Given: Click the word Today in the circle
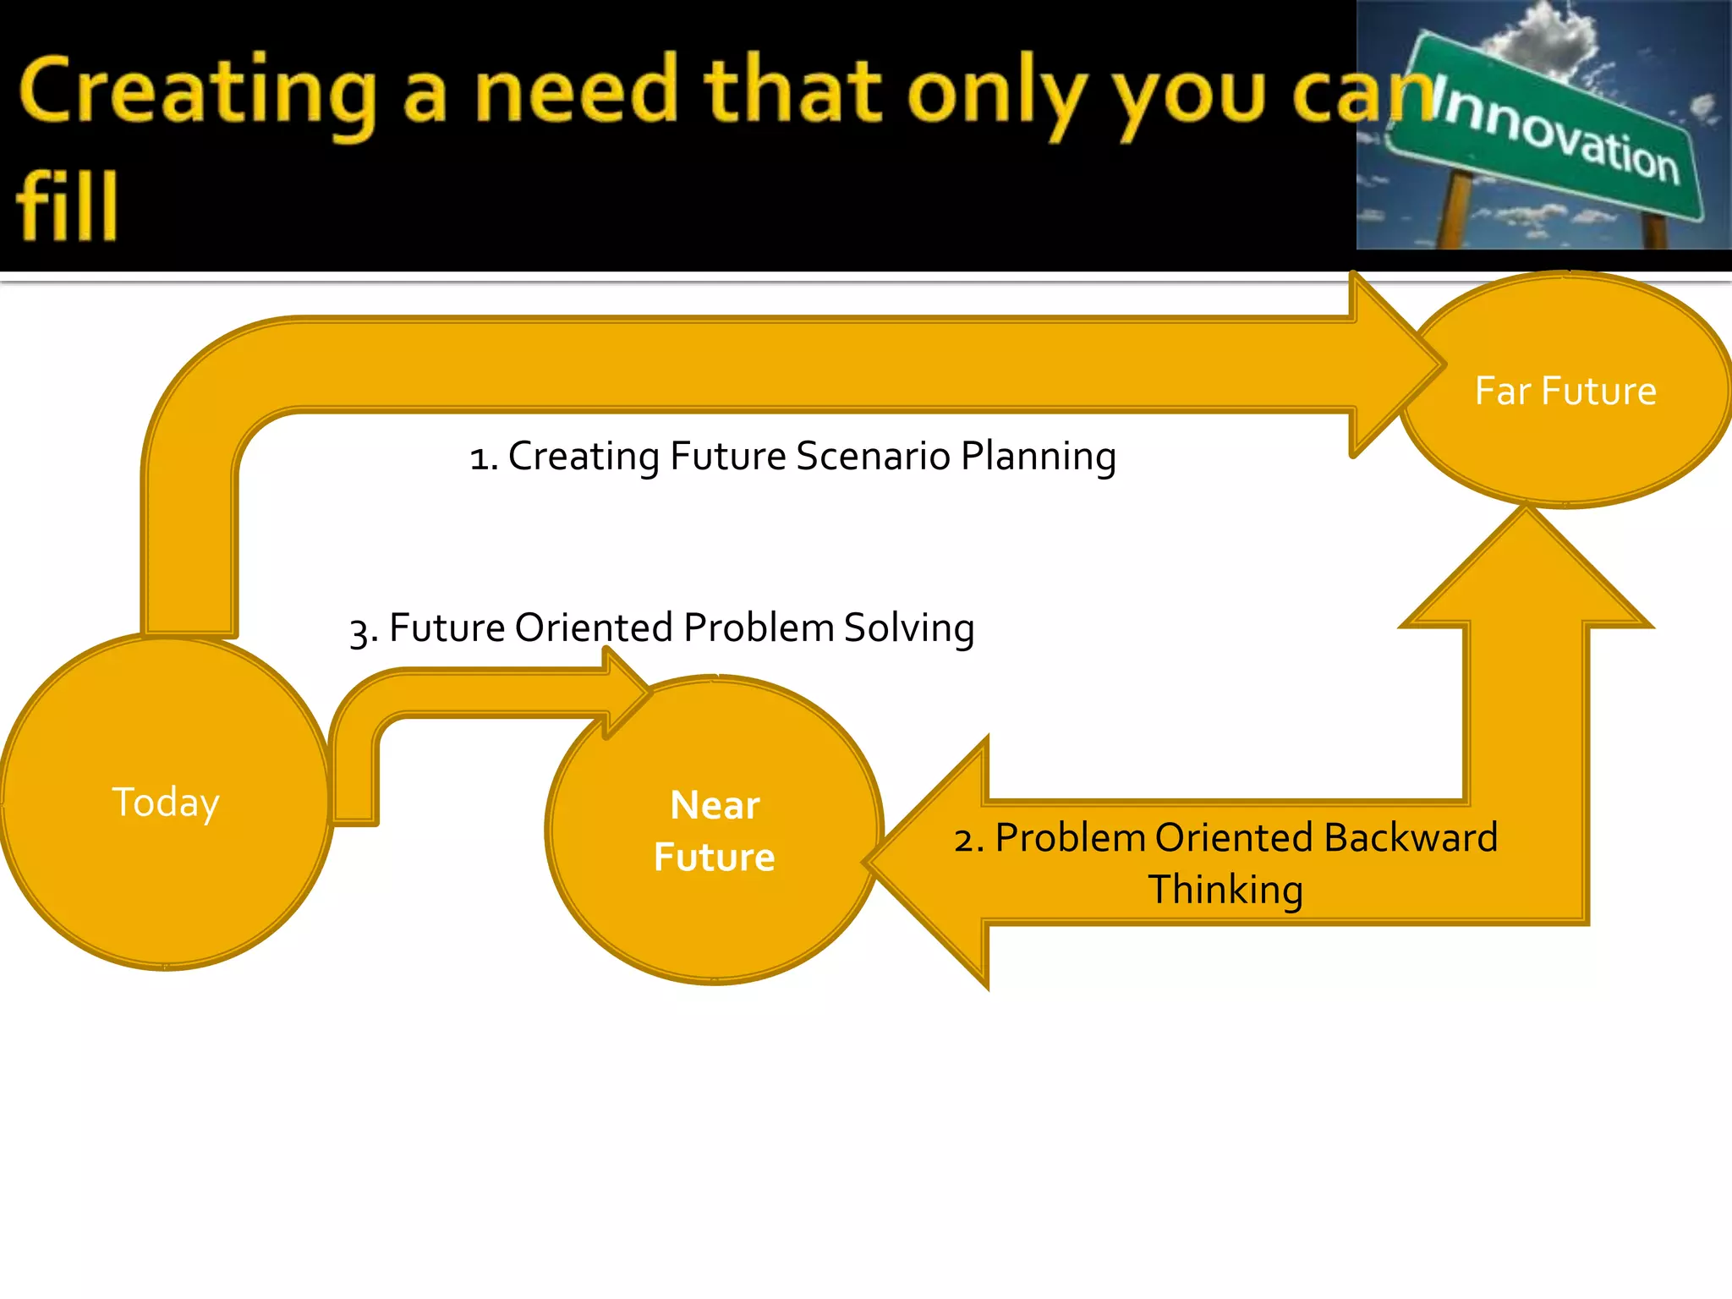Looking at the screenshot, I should (166, 802).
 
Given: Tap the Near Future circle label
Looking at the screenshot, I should (715, 830).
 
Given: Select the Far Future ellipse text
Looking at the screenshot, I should (1565, 391).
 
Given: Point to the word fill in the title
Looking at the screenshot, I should (66, 206).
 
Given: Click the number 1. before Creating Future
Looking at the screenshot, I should (484, 458).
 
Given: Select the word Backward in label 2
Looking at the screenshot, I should (1411, 838).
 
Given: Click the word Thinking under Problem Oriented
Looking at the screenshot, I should (1225, 890).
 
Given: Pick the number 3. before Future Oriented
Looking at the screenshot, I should (364, 630).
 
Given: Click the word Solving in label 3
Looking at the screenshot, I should (909, 628).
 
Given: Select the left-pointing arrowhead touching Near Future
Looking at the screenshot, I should (930, 863).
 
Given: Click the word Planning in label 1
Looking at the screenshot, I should (1039, 456).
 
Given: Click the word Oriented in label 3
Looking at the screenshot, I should (594, 628).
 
